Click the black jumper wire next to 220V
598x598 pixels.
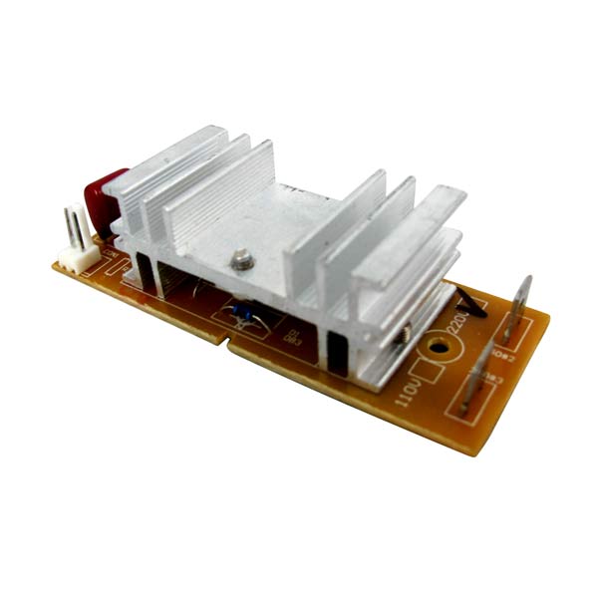[x=467, y=300]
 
